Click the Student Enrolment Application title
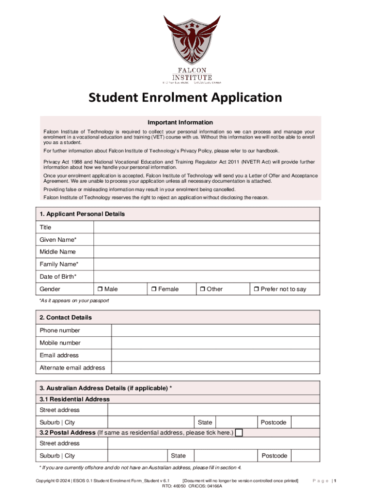point(185,97)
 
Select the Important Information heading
point(180,122)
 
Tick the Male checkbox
point(99,289)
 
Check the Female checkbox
point(153,289)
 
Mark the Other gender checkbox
point(202,289)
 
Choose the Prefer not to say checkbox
point(256,289)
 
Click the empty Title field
point(206,228)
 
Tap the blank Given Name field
point(206,240)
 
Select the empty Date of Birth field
point(206,277)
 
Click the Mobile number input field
point(216,343)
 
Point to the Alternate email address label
point(73,368)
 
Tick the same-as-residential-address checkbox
point(239,433)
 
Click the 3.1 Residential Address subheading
point(75,399)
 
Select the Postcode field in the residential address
point(306,422)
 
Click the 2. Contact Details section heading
point(66,318)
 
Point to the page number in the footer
point(335,481)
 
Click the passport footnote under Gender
point(74,301)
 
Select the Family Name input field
point(206,265)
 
